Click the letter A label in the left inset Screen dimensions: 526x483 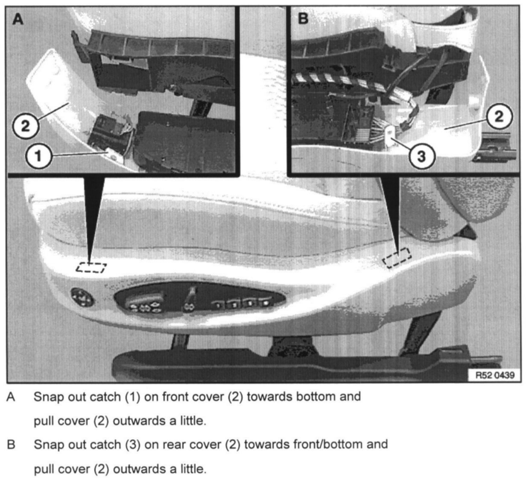point(18,19)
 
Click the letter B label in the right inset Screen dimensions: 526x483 point(303,19)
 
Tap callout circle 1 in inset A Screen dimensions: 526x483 point(38,156)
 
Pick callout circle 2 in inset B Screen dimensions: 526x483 point(499,116)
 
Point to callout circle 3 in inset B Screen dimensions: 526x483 point(421,157)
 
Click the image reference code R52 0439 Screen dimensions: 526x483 point(495,375)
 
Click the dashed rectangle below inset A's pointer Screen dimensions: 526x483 point(91,268)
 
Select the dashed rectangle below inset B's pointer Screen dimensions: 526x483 point(397,258)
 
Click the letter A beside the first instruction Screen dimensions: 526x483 point(11,397)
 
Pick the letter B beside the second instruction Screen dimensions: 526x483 point(11,445)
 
